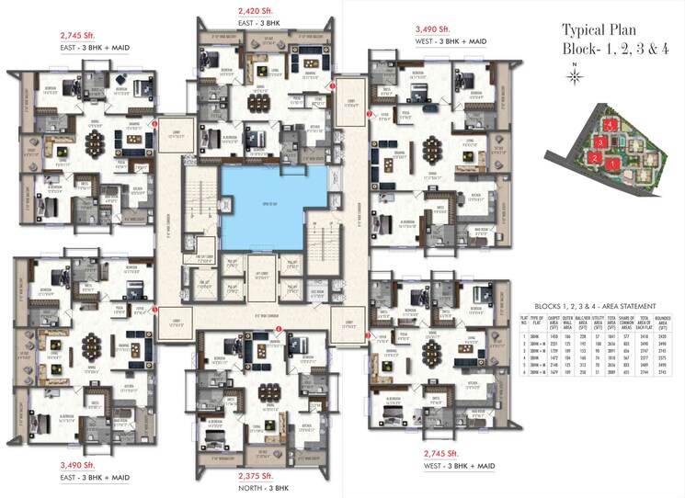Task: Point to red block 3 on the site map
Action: (599, 142)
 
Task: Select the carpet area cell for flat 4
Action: (568, 360)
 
